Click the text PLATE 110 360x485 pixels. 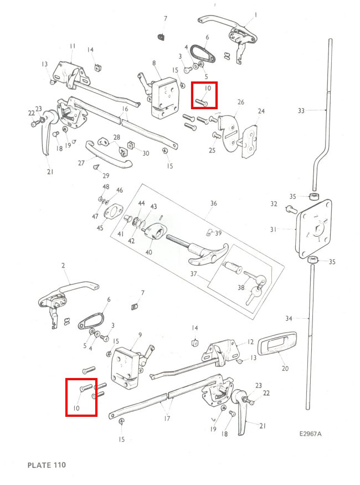(x=47, y=464)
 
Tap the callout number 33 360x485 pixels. (x=301, y=111)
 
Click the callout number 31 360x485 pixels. (x=288, y=229)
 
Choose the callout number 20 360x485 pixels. (x=286, y=369)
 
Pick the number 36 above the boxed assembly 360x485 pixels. (x=213, y=203)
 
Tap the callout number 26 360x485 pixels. (x=240, y=103)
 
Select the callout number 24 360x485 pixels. (x=261, y=111)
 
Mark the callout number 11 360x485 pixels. (x=73, y=45)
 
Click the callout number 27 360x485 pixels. (x=81, y=163)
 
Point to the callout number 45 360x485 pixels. (x=100, y=227)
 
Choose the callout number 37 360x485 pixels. (x=193, y=274)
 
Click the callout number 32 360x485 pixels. (x=274, y=204)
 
